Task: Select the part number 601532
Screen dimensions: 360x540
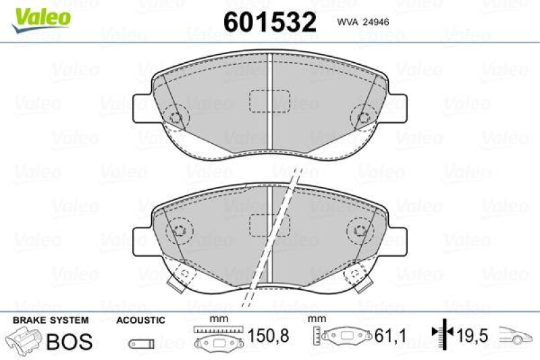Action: pyautogui.click(x=269, y=22)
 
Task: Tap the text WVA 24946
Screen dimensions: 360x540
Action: pyautogui.click(x=361, y=21)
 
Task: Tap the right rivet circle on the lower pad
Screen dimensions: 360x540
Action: pyautogui.click(x=359, y=230)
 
